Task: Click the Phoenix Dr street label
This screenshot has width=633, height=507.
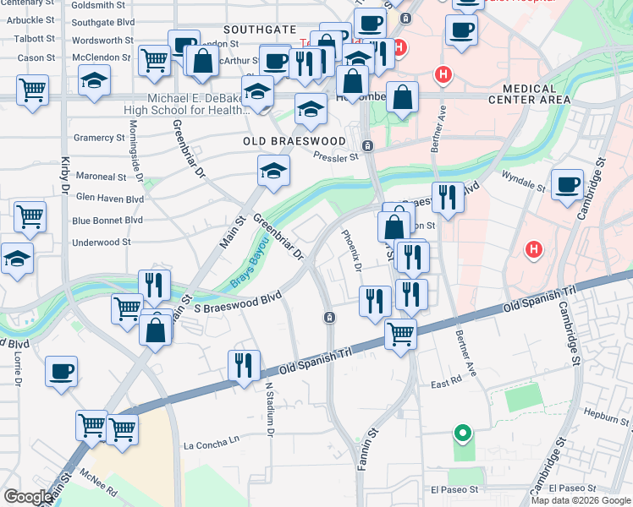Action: tap(352, 251)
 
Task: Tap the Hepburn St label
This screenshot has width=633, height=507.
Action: tap(604, 417)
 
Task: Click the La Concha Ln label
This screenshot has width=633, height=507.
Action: tap(212, 444)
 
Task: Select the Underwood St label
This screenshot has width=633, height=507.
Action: tap(102, 242)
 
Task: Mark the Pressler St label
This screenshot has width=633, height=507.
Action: tap(336, 156)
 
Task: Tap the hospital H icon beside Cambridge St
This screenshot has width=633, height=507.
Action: tap(533, 249)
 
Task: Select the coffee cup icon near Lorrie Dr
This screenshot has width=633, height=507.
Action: tap(61, 371)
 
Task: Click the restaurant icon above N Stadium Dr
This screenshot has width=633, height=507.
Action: tap(245, 365)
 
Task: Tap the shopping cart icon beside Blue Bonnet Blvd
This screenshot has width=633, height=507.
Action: tap(30, 216)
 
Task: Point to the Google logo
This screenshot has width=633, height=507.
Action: tap(28, 497)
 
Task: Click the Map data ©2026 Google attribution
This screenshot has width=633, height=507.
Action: tap(581, 500)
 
